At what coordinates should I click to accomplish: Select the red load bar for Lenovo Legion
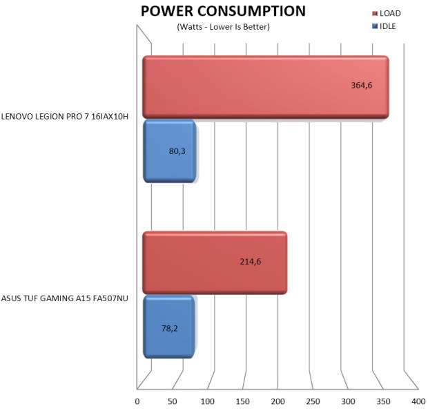click(x=265, y=87)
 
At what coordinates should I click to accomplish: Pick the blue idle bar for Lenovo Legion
click(x=169, y=151)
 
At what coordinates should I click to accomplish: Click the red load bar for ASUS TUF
click(x=214, y=262)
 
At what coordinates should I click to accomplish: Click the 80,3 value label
click(x=177, y=150)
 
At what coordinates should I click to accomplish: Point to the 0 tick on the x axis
click(x=137, y=401)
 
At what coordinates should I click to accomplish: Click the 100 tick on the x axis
click(x=208, y=401)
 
